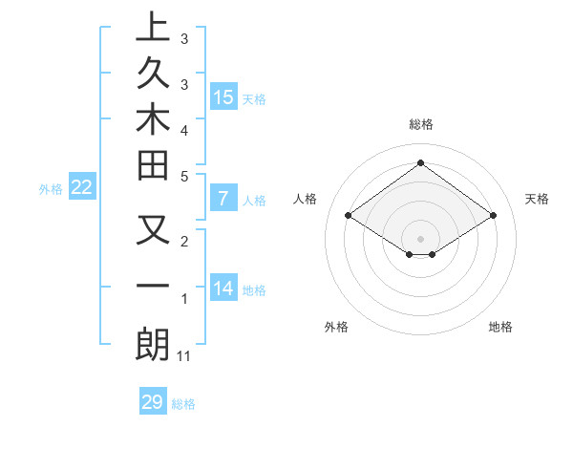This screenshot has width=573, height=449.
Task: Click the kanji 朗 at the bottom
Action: point(153,345)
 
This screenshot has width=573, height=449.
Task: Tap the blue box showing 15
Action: point(223,96)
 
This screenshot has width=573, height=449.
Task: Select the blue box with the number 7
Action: point(223,200)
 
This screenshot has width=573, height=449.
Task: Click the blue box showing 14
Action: point(223,289)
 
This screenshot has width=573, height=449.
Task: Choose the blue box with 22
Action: point(82,188)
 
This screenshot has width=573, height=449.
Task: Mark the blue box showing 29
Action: point(153,402)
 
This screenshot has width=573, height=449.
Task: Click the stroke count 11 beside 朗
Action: point(185,356)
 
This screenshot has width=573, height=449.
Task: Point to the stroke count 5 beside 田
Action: point(184,176)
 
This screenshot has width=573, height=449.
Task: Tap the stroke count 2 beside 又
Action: point(184,243)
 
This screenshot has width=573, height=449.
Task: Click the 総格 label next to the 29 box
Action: point(183,404)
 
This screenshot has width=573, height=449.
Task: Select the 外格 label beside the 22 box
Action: point(51,189)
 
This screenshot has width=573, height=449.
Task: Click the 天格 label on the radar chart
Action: point(537,199)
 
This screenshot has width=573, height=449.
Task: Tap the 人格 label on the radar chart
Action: point(305,199)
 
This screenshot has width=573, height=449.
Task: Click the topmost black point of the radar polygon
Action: point(420,162)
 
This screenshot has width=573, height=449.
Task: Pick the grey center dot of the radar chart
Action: point(420,238)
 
